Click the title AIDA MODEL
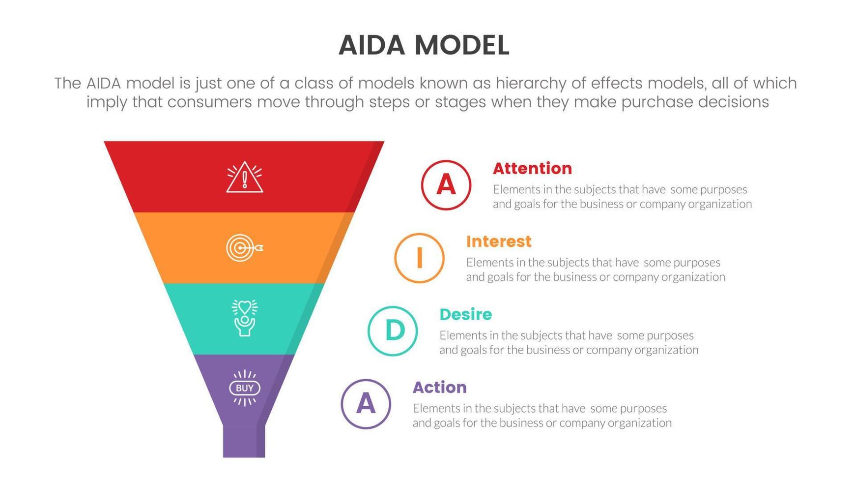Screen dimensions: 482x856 (x=424, y=45)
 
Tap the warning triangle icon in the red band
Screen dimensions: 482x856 (x=245, y=178)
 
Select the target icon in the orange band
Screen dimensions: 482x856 (x=244, y=248)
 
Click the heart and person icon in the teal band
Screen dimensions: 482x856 (x=245, y=318)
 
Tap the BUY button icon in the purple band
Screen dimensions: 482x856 (x=245, y=388)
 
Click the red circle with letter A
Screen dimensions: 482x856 (x=446, y=185)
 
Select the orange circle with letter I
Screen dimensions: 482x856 (x=419, y=258)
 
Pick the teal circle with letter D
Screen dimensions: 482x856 (x=393, y=331)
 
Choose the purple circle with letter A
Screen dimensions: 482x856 (x=366, y=404)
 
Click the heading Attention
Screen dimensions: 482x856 (x=532, y=169)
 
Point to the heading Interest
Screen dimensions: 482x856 (x=498, y=241)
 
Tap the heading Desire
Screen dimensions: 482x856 (x=465, y=314)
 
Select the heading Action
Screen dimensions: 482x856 (x=439, y=388)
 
